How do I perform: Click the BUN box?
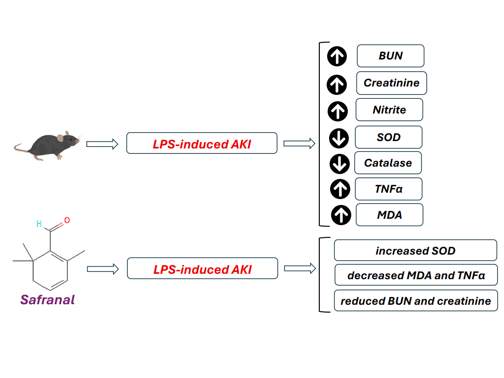[x=391, y=56]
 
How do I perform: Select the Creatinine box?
[x=392, y=83]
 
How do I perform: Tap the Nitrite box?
[x=389, y=110]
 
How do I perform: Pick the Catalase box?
[x=388, y=163]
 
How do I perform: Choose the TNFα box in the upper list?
[x=389, y=189]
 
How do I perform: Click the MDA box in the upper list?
[x=390, y=215]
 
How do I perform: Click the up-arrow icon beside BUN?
[x=337, y=57]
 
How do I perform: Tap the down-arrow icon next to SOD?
[x=338, y=139]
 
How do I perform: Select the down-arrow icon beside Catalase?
[x=339, y=164]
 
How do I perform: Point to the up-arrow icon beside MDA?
[x=341, y=215]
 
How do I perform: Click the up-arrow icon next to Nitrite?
[x=337, y=111]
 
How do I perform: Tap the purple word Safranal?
[x=48, y=299]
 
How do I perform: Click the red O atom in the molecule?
[x=67, y=220]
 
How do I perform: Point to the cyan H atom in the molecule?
[x=39, y=224]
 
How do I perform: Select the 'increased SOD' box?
[x=416, y=251]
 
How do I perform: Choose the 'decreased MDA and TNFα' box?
[x=416, y=275]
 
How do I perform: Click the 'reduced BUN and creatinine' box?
[x=416, y=301]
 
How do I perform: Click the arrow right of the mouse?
[x=102, y=144]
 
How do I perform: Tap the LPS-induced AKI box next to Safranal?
[x=202, y=269]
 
